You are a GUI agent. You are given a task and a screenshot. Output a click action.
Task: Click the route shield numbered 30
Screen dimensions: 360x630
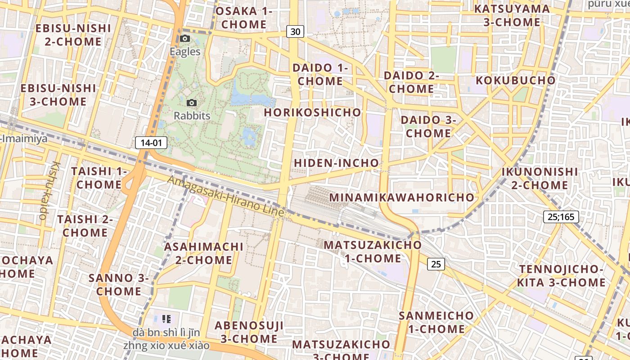click(x=295, y=31)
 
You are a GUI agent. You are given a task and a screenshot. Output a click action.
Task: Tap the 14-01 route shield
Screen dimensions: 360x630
click(x=151, y=143)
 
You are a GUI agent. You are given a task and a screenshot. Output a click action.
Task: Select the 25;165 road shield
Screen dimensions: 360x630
click(x=561, y=217)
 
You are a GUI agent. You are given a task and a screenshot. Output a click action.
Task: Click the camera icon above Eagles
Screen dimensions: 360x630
click(x=185, y=39)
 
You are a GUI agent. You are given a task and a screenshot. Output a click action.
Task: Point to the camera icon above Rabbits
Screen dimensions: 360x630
click(x=192, y=103)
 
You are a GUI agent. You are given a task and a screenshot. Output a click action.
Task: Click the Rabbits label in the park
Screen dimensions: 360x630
click(x=192, y=116)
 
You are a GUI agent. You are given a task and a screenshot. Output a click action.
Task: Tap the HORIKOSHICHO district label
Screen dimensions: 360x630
click(x=312, y=112)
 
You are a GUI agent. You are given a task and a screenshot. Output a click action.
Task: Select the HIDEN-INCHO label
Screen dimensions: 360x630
click(x=336, y=163)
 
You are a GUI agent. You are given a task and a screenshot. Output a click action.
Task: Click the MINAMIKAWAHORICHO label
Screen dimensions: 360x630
click(x=402, y=198)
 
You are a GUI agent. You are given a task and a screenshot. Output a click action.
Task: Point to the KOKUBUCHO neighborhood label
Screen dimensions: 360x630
click(x=515, y=81)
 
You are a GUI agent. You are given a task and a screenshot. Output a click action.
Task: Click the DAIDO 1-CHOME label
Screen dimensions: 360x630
click(x=320, y=75)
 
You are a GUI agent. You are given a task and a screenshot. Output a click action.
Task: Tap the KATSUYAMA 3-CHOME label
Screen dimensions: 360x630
click(x=512, y=15)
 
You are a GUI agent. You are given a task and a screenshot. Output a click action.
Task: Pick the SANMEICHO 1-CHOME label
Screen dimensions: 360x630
click(x=436, y=322)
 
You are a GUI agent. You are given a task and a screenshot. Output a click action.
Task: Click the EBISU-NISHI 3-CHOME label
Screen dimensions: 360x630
click(x=58, y=94)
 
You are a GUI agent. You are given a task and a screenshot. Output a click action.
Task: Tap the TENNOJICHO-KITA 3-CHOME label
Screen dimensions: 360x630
click(x=561, y=276)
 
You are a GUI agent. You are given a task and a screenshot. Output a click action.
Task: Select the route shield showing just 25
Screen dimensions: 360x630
click(x=436, y=264)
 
